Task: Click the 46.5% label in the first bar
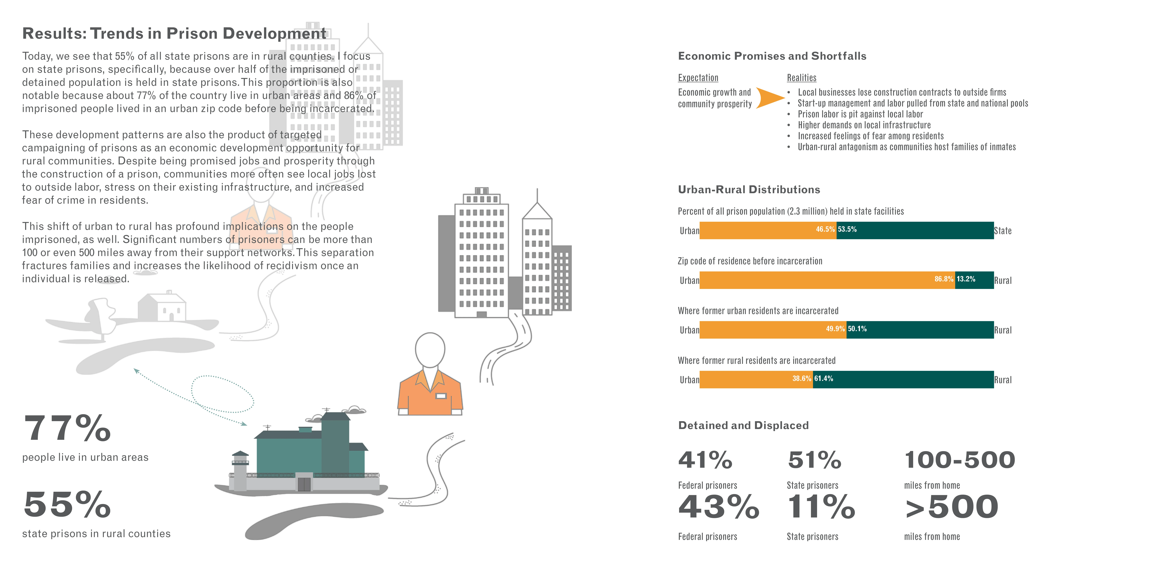click(x=825, y=229)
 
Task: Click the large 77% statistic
click(x=67, y=428)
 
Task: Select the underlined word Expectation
click(x=698, y=78)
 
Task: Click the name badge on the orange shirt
click(x=441, y=396)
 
